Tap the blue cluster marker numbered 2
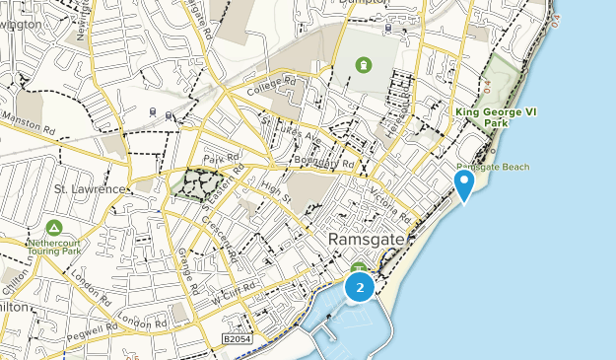(x=360, y=287)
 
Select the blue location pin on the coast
(x=464, y=184)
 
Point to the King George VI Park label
(x=495, y=117)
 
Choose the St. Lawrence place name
(x=90, y=188)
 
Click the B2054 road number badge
(x=238, y=338)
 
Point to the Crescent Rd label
(x=221, y=238)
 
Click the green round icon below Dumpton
(x=364, y=65)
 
